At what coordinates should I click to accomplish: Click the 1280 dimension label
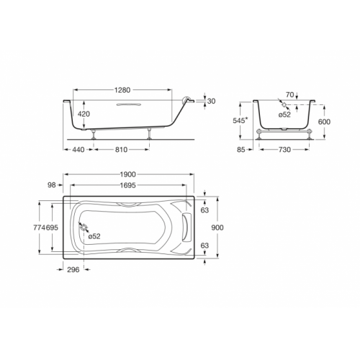pyautogui.click(x=122, y=90)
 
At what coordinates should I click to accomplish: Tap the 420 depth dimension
pyautogui.click(x=84, y=114)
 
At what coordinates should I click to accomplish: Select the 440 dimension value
pyautogui.click(x=78, y=150)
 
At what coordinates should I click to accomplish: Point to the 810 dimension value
pyautogui.click(x=121, y=150)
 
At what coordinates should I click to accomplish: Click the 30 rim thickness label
pyautogui.click(x=212, y=102)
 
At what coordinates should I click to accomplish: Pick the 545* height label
pyautogui.click(x=240, y=120)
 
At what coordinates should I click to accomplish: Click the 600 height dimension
pyautogui.click(x=324, y=122)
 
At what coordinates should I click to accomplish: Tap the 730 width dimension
pyautogui.click(x=284, y=150)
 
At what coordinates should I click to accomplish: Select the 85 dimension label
pyautogui.click(x=241, y=150)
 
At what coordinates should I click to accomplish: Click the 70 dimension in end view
pyautogui.click(x=290, y=95)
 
